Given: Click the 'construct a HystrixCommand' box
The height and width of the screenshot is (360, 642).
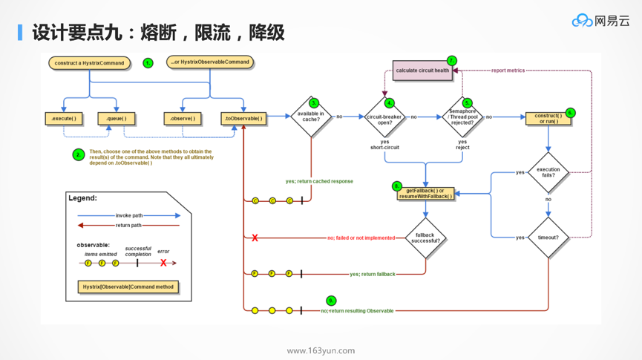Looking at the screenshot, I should click(x=89, y=63).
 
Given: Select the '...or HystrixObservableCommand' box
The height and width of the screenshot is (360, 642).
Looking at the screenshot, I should click(x=210, y=62).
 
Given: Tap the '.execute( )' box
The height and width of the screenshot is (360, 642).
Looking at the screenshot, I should click(x=64, y=118).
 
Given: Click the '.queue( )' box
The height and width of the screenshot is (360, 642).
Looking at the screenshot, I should click(x=117, y=118).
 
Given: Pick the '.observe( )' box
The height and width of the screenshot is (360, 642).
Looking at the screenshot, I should click(x=182, y=118).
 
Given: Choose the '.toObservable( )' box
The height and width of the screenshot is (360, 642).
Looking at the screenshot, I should click(x=243, y=118).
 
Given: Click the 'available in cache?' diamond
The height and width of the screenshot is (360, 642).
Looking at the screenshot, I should click(x=310, y=117).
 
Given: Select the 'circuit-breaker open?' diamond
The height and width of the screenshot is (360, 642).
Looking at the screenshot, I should click(x=384, y=117).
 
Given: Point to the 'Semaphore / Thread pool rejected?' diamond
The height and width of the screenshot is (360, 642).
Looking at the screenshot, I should click(x=462, y=117).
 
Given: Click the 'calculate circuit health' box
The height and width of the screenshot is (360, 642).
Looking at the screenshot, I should click(x=422, y=71).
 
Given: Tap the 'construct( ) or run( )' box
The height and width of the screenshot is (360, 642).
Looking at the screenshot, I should click(x=548, y=118).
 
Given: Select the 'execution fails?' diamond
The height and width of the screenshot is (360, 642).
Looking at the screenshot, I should click(x=548, y=172).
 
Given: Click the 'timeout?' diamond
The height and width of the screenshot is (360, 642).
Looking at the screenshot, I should click(x=548, y=238).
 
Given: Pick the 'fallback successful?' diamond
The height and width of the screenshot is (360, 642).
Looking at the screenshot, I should click(x=425, y=238).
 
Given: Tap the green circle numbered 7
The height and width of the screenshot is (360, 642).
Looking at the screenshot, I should click(x=451, y=61).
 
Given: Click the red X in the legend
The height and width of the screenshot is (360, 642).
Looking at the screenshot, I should click(x=163, y=263).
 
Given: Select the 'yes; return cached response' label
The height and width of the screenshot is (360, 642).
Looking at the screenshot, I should click(x=319, y=181).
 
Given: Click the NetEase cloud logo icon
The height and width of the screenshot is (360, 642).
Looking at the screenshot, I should click(x=582, y=21).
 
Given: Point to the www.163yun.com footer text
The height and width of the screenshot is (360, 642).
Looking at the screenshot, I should click(x=321, y=350).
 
